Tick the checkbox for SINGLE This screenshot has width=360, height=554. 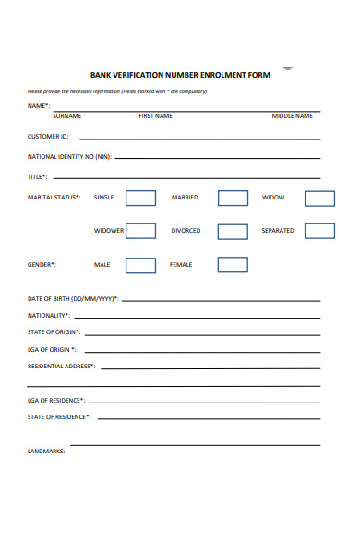click(x=140, y=198)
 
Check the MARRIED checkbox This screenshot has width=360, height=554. click(x=233, y=198)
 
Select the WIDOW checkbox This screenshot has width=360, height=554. click(x=319, y=198)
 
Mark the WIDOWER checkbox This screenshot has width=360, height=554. click(x=140, y=231)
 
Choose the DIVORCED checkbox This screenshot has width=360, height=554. click(x=233, y=231)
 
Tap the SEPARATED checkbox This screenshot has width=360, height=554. click(x=319, y=231)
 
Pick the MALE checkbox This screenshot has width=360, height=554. click(x=140, y=265)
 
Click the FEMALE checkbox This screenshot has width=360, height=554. click(x=233, y=265)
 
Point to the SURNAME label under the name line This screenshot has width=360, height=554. click(x=66, y=116)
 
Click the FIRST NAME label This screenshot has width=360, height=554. click(x=155, y=116)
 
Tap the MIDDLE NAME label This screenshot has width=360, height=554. click(x=292, y=116)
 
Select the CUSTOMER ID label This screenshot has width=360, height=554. click(x=48, y=137)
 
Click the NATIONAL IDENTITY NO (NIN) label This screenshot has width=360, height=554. click(x=69, y=157)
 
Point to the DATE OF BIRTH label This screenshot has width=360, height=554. click(x=73, y=299)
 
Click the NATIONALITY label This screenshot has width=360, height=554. click(x=49, y=316)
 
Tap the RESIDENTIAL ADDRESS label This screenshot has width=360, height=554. click(x=61, y=367)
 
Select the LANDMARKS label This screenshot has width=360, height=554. click(x=46, y=452)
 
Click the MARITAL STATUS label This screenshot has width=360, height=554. click(x=54, y=198)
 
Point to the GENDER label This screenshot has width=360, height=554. click(x=42, y=265)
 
